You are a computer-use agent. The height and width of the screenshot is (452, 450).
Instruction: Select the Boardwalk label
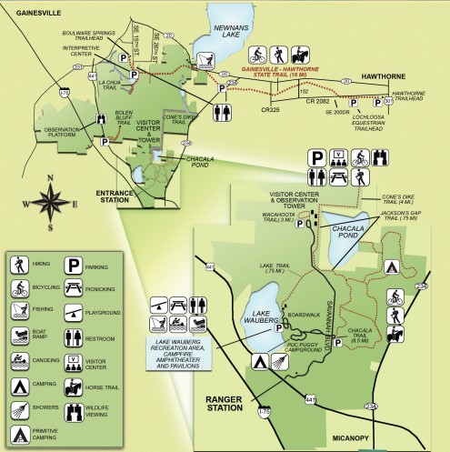pos(299,316)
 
